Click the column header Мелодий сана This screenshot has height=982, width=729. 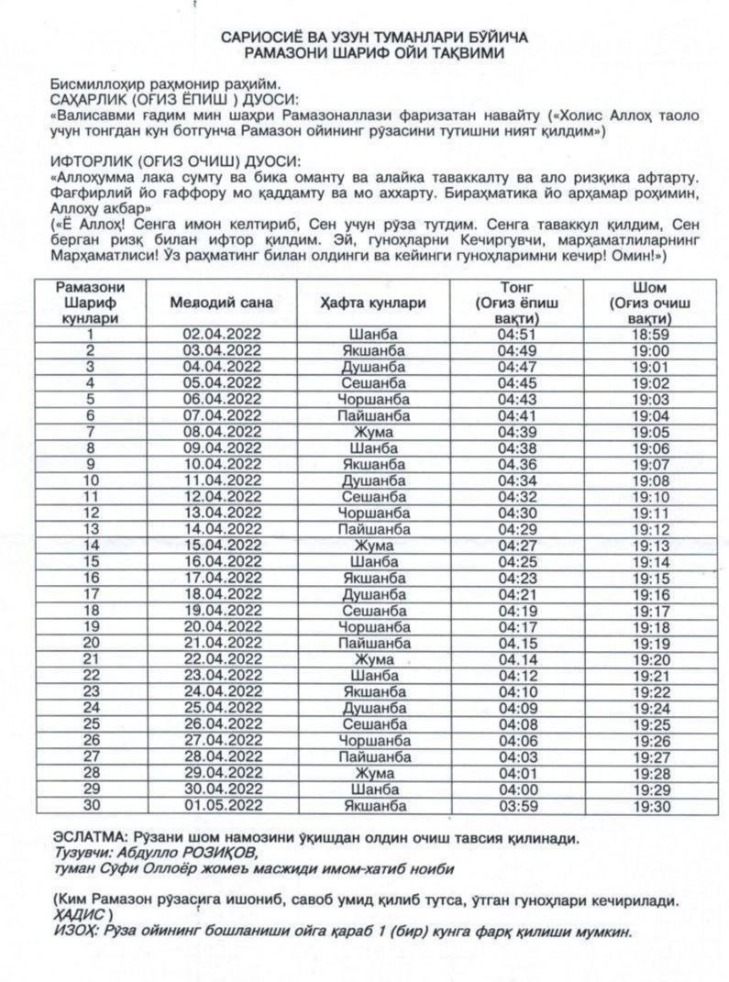[x=222, y=302]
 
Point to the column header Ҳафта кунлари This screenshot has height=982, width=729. [x=373, y=302]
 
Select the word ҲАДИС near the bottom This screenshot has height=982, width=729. [x=77, y=915]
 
